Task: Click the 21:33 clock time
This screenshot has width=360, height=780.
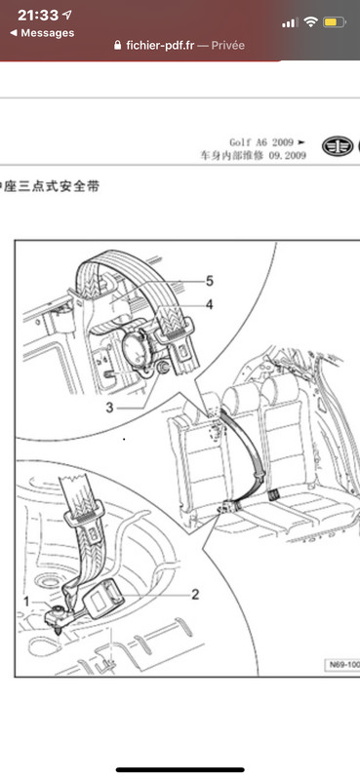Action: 38,16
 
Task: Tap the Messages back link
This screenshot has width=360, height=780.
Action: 42,33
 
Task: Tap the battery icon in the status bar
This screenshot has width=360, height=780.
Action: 334,22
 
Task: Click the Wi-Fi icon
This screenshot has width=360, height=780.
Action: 310,21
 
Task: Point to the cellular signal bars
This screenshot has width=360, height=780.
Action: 290,22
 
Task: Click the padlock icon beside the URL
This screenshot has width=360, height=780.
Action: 117,45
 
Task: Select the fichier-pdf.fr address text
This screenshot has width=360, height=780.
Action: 160,45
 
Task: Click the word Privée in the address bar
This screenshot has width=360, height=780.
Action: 228,45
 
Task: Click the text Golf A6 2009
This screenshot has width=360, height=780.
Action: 261,142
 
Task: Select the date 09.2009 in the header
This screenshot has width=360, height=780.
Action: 287,156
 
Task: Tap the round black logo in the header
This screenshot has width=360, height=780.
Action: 338,146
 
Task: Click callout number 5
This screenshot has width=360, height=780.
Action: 209,281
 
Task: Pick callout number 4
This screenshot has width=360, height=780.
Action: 209,304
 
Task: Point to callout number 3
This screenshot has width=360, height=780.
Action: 109,408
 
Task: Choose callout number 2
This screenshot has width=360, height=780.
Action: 195,594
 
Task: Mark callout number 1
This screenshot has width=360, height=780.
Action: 26,602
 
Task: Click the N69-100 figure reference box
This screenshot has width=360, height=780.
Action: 342,665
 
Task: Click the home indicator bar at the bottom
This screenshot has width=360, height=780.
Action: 180,770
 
